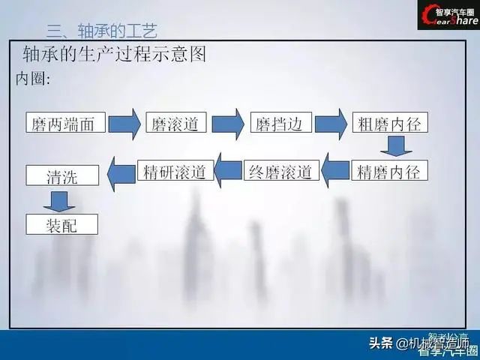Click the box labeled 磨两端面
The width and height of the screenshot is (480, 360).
(x=64, y=124)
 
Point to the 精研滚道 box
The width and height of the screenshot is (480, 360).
(x=175, y=171)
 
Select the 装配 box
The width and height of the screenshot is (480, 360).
(x=62, y=223)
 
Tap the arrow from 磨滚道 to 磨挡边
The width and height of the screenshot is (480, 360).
(x=229, y=124)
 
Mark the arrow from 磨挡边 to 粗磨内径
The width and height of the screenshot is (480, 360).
(x=331, y=124)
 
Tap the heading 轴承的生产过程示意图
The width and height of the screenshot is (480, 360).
(x=114, y=55)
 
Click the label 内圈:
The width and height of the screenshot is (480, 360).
(x=33, y=79)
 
